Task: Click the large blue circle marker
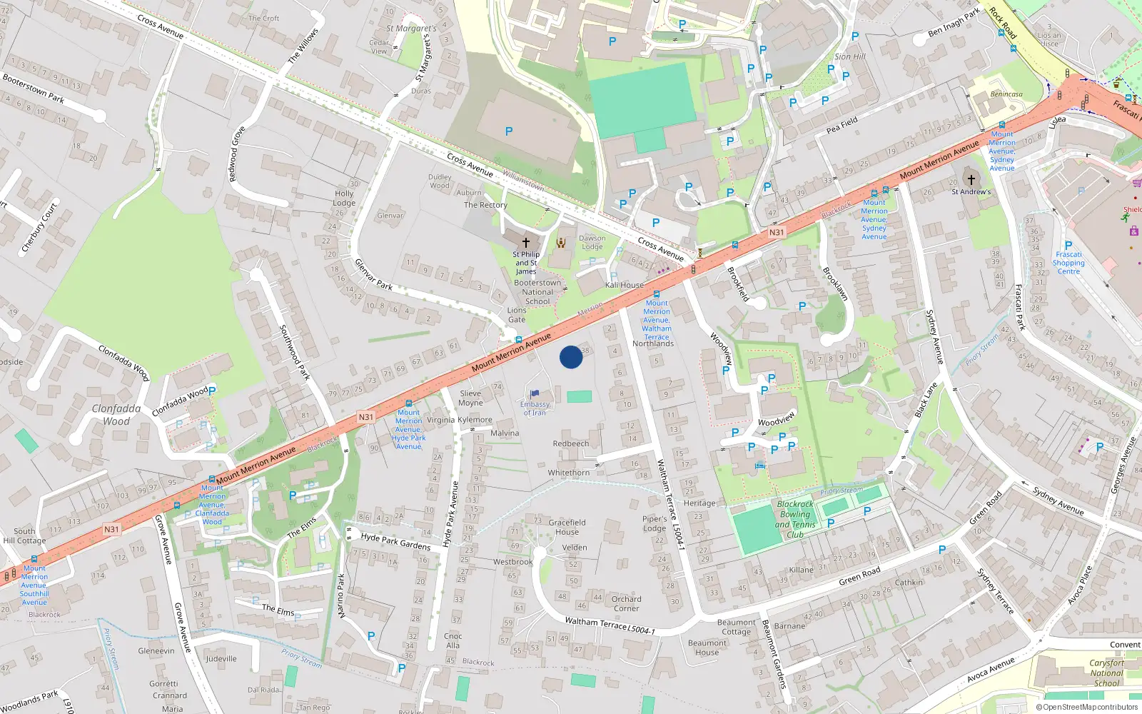pos(571,357)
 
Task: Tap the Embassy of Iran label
pos(535,408)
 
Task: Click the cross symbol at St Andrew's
pos(971,179)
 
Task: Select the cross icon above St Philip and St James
pos(526,243)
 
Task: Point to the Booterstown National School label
pos(537,292)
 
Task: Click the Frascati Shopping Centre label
pos(1068,263)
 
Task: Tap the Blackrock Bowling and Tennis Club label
pos(795,519)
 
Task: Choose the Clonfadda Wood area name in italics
pos(116,415)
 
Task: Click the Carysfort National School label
pos(1106,673)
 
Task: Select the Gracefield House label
pos(567,527)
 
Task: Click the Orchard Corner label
pos(626,603)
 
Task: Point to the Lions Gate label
pos(517,315)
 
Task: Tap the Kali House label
pos(625,285)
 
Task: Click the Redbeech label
pos(571,443)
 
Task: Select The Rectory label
pos(485,205)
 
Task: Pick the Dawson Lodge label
pos(592,243)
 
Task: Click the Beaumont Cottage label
pos(736,627)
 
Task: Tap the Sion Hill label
pos(849,56)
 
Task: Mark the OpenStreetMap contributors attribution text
pos(1087,708)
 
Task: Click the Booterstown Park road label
pos(34,89)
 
